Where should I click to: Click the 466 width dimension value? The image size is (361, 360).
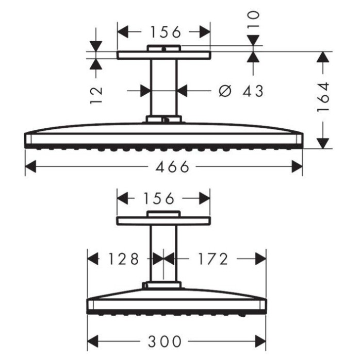point(172,166)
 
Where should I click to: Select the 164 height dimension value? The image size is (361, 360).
point(323,97)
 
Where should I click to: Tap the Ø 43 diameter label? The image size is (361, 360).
point(241,91)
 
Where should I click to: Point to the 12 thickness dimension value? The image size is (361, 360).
point(96,95)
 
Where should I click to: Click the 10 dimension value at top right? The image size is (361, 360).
point(253,19)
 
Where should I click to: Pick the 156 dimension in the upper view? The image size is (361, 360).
point(166,32)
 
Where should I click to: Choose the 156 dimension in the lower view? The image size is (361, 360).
point(159,199)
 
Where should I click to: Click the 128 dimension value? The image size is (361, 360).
point(124,259)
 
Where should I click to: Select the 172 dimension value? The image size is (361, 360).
point(212,259)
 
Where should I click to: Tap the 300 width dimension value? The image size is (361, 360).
point(165,341)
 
